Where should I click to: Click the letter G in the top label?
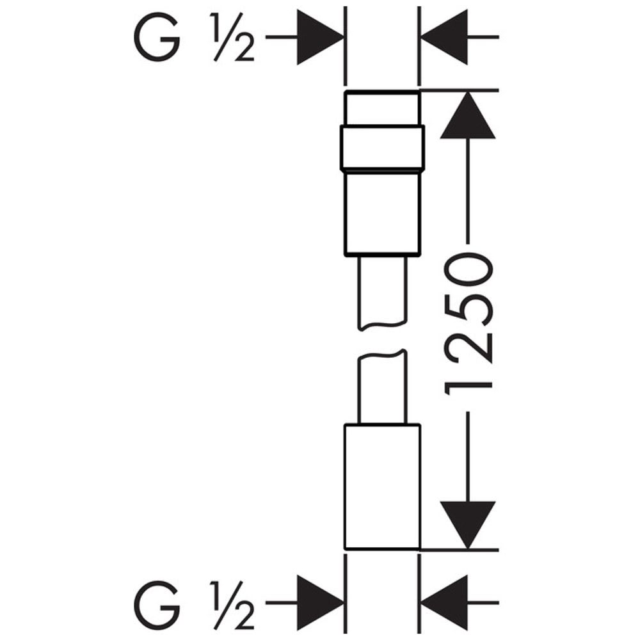pos(157,36)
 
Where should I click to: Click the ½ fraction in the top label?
pos(232,37)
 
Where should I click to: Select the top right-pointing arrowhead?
pos(320,37)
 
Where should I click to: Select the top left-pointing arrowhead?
pos(445,37)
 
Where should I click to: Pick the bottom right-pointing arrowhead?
pos(320,602)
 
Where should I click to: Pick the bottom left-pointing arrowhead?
pos(445,602)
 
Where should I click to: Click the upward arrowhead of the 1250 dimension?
pos(468,115)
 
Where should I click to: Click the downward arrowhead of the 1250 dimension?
pos(468,525)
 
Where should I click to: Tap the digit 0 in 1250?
pos(468,269)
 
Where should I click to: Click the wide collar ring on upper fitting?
pos(383,147)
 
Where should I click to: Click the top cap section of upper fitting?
pos(383,108)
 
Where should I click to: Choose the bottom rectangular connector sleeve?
pos(383,487)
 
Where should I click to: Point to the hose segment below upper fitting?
pos(383,292)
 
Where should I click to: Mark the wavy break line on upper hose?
pos(383,326)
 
